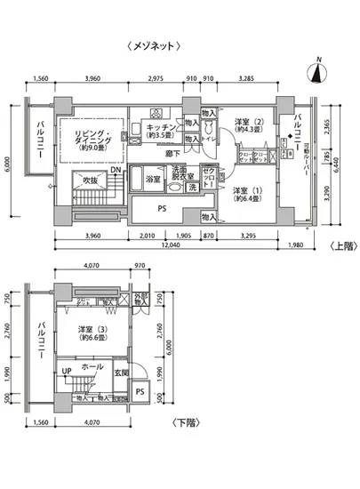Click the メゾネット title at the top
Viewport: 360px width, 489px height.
pos(156,44)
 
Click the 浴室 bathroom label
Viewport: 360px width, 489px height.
pos(153,179)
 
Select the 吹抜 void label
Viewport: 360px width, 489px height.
pos(90,180)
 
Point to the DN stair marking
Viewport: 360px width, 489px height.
pos(117,170)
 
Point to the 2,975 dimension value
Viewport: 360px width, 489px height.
pos(156,79)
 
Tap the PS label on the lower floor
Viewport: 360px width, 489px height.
pos(140,391)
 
